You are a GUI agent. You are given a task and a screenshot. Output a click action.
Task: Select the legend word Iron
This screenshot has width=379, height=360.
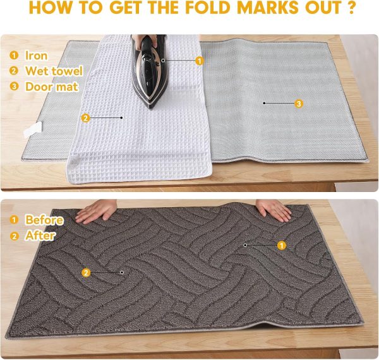click(36, 56)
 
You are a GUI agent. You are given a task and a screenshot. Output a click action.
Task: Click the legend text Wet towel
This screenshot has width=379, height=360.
click(54, 71)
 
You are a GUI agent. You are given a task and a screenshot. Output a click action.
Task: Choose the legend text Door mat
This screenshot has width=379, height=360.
click(51, 87)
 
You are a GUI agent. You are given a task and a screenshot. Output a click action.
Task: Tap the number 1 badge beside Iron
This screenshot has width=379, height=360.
click(15, 56)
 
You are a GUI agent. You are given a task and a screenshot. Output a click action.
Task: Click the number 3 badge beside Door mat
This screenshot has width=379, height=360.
click(15, 87)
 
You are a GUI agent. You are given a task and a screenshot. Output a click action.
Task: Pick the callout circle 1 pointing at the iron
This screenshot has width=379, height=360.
click(200, 61)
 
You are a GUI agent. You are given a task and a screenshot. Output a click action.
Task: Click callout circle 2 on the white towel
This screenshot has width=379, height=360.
click(85, 117)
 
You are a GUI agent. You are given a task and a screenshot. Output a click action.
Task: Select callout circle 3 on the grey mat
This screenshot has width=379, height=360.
click(299, 103)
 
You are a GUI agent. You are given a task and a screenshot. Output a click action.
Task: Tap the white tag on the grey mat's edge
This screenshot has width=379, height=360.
click(32, 131)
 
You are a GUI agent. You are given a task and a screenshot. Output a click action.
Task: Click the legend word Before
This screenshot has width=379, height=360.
click(44, 220)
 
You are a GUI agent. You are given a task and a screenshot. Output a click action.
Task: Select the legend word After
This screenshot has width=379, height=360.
click(40, 236)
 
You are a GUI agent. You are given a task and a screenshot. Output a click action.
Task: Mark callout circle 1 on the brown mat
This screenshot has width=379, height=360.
click(282, 244)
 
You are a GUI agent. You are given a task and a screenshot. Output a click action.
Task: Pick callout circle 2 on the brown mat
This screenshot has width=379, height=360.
click(86, 272)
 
